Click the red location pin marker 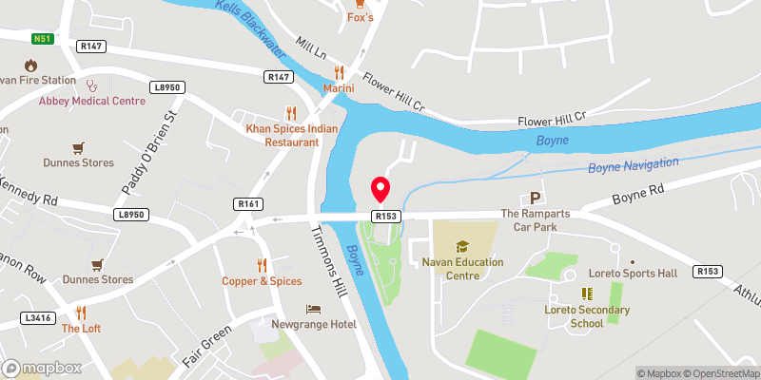pyautogui.click(x=380, y=189)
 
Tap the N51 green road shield pyautogui.click(x=40, y=39)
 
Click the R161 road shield pyautogui.click(x=248, y=203)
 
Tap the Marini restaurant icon pyautogui.click(x=338, y=73)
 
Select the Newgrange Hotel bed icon pyautogui.click(x=313, y=310)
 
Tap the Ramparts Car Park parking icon pyautogui.click(x=535, y=199)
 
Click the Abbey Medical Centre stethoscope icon pyautogui.click(x=91, y=85)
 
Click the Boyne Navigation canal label pyautogui.click(x=632, y=167)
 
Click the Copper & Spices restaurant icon pyautogui.click(x=262, y=265)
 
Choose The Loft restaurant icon pyautogui.click(x=81, y=313)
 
